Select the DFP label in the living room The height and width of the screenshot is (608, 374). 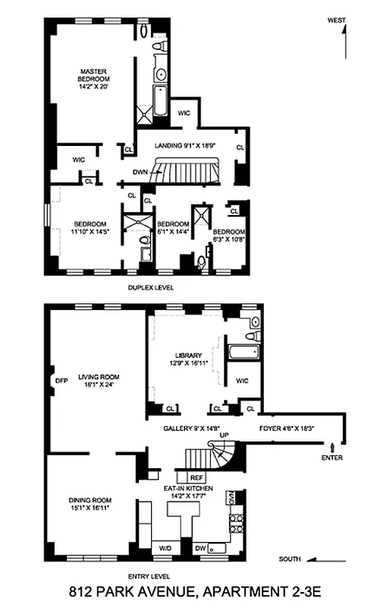[x=61, y=380]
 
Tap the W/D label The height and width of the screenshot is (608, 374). [x=165, y=547]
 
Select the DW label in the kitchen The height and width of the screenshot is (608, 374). [x=199, y=547]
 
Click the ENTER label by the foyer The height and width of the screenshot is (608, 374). [x=332, y=458]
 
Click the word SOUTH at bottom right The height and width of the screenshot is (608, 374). [x=288, y=559]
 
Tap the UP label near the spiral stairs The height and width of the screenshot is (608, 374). [x=224, y=435]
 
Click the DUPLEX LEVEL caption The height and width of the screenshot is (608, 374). [x=152, y=288]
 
